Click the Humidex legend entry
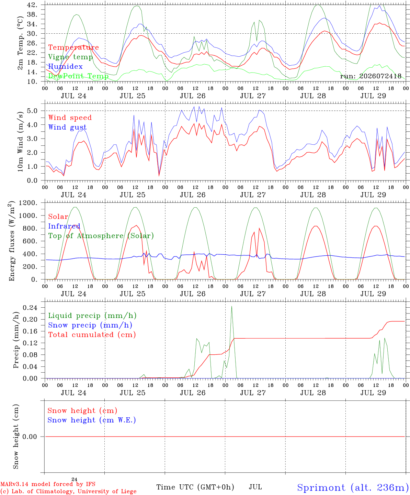(x=65, y=66)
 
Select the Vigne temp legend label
(x=71, y=57)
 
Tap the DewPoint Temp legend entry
(x=78, y=76)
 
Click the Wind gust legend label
(x=68, y=127)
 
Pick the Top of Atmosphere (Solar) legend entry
(x=101, y=236)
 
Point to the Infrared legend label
(x=64, y=226)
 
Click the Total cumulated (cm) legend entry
(x=92, y=334)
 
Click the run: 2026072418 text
(x=371, y=76)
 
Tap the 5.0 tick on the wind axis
(x=32, y=111)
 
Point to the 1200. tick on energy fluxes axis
(x=28, y=203)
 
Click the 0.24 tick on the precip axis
(x=30, y=308)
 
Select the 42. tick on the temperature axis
(x=32, y=5)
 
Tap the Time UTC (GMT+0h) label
(x=195, y=487)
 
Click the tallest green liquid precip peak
(x=231, y=306)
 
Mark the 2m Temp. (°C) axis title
(x=20, y=43)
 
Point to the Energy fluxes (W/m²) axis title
(x=11, y=241)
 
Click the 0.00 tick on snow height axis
(x=30, y=437)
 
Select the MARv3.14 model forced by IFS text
(x=48, y=484)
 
